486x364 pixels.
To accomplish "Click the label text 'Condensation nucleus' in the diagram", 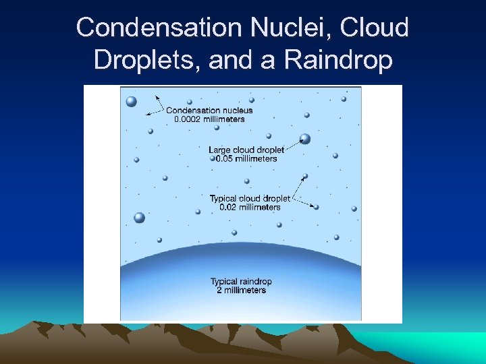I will [209, 111].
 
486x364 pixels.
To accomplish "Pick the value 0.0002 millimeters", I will [209, 119].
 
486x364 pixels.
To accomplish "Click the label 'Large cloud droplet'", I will [246, 150].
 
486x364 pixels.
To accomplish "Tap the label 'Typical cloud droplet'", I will [249, 198].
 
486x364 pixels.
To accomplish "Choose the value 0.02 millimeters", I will [249, 207].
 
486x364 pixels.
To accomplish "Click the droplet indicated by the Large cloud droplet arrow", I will [305, 139].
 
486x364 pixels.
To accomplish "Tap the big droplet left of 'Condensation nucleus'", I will [131, 102].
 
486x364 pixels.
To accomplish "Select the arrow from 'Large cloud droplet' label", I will [292, 144].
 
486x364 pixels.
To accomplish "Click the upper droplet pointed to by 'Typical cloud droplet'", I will [305, 177].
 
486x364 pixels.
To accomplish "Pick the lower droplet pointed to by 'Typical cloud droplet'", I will [316, 207].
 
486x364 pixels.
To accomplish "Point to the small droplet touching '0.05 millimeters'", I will [212, 158].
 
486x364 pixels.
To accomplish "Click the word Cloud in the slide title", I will [376, 28].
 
